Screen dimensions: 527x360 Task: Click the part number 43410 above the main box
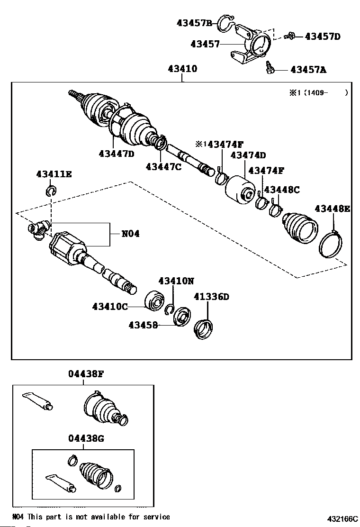(x=182, y=69)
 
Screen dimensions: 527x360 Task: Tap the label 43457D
(x=323, y=36)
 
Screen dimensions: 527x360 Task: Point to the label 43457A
(x=308, y=70)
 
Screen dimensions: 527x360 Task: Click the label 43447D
(x=117, y=153)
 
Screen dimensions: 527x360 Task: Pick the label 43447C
(x=164, y=166)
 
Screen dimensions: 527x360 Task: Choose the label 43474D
(x=248, y=155)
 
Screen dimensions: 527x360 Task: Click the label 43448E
(x=332, y=208)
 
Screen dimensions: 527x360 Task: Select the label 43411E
(x=54, y=174)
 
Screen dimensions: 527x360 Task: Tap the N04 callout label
(x=131, y=234)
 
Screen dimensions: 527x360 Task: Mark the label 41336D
(x=211, y=297)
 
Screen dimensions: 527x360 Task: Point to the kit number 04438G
(x=86, y=439)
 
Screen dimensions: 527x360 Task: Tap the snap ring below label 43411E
(x=51, y=191)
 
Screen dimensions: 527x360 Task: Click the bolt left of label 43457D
(x=289, y=36)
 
